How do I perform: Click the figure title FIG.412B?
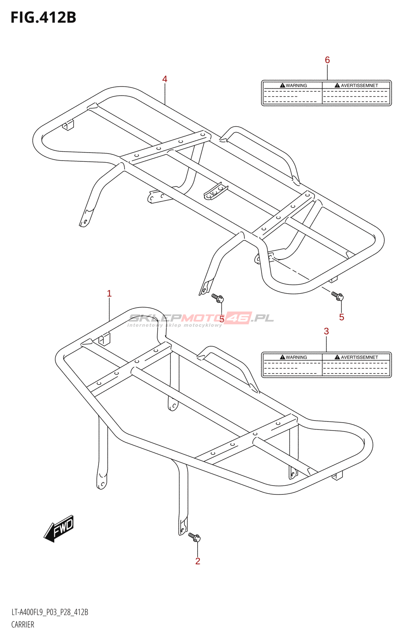tap(43, 18)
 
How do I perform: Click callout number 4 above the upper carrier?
tap(164, 79)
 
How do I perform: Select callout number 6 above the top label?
tap(327, 60)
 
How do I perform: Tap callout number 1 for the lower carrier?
tap(109, 294)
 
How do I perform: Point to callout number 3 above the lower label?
tap(326, 331)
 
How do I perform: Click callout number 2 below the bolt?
tap(198, 561)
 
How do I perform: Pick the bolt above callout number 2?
tap(194, 537)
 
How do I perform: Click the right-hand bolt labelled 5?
tap(337, 296)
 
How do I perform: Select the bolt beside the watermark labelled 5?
tap(218, 298)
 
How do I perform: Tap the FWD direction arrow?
tap(59, 528)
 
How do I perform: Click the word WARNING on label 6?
tap(296, 85)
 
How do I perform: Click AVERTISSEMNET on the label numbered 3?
tap(359, 357)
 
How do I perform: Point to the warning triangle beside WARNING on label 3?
tap(282, 357)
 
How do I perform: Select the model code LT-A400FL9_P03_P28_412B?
tap(50, 612)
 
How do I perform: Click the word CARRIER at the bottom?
tap(23, 625)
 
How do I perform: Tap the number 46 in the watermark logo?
tap(238, 318)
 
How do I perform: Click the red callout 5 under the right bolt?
tap(341, 317)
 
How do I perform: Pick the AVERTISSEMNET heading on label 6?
tap(359, 85)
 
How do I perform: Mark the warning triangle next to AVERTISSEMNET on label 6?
tap(337, 85)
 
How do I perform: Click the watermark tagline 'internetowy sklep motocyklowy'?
tap(174, 325)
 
